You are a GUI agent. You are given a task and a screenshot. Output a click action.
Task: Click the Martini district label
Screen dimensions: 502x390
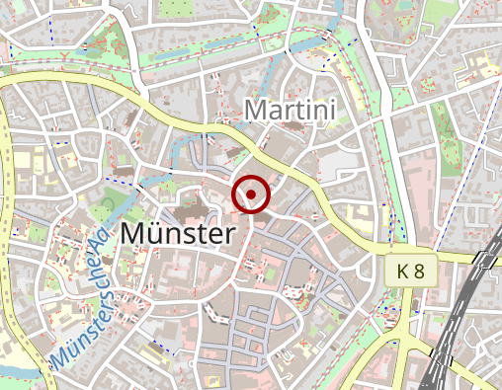tap(291, 110)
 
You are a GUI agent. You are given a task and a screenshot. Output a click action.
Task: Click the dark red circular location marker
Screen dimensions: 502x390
tap(251, 195)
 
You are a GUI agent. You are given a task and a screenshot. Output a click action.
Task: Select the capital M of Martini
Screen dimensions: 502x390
tap(256, 110)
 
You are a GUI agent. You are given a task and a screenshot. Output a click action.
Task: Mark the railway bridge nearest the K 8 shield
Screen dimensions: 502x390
tap(484, 261)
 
